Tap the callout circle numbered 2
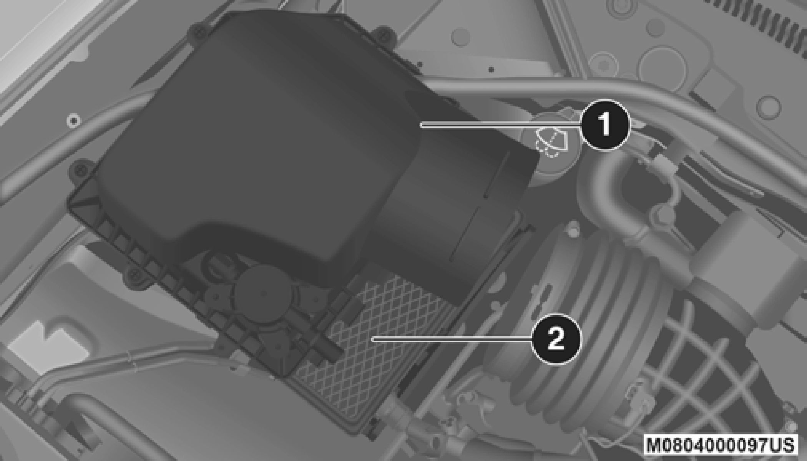tap(556, 339)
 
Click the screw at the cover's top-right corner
tap(382, 35)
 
